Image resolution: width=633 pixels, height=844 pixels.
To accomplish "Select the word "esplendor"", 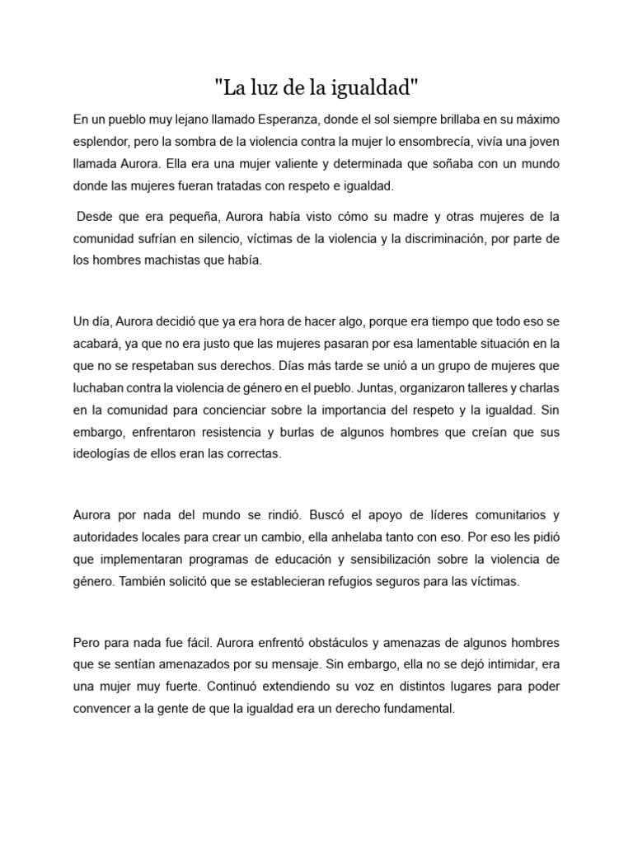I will point(101,142).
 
